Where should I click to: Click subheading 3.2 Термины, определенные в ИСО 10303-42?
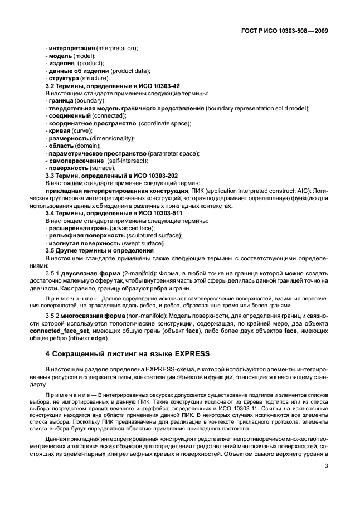pos(111,85)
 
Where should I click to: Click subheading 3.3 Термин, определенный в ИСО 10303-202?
pos(111,175)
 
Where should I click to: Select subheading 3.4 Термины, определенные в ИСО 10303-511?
pos(113,213)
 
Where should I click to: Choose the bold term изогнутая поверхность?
pos(84,243)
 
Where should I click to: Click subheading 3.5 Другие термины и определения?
pos(99,250)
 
